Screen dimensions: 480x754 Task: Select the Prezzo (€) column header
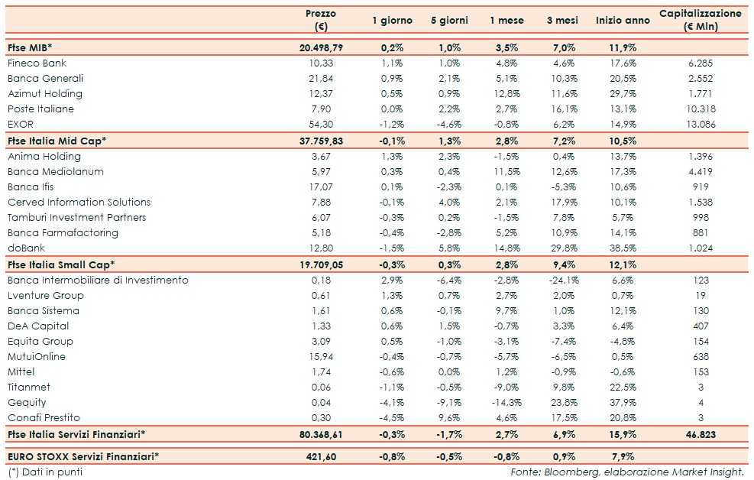click(x=321, y=21)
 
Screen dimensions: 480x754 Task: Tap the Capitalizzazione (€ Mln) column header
click(x=700, y=21)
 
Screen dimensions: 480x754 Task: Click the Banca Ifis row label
click(x=31, y=186)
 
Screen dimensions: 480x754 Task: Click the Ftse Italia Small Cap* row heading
click(x=61, y=264)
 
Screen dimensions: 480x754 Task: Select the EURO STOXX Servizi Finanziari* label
click(x=83, y=456)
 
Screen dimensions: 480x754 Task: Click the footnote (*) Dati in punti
click(x=45, y=472)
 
